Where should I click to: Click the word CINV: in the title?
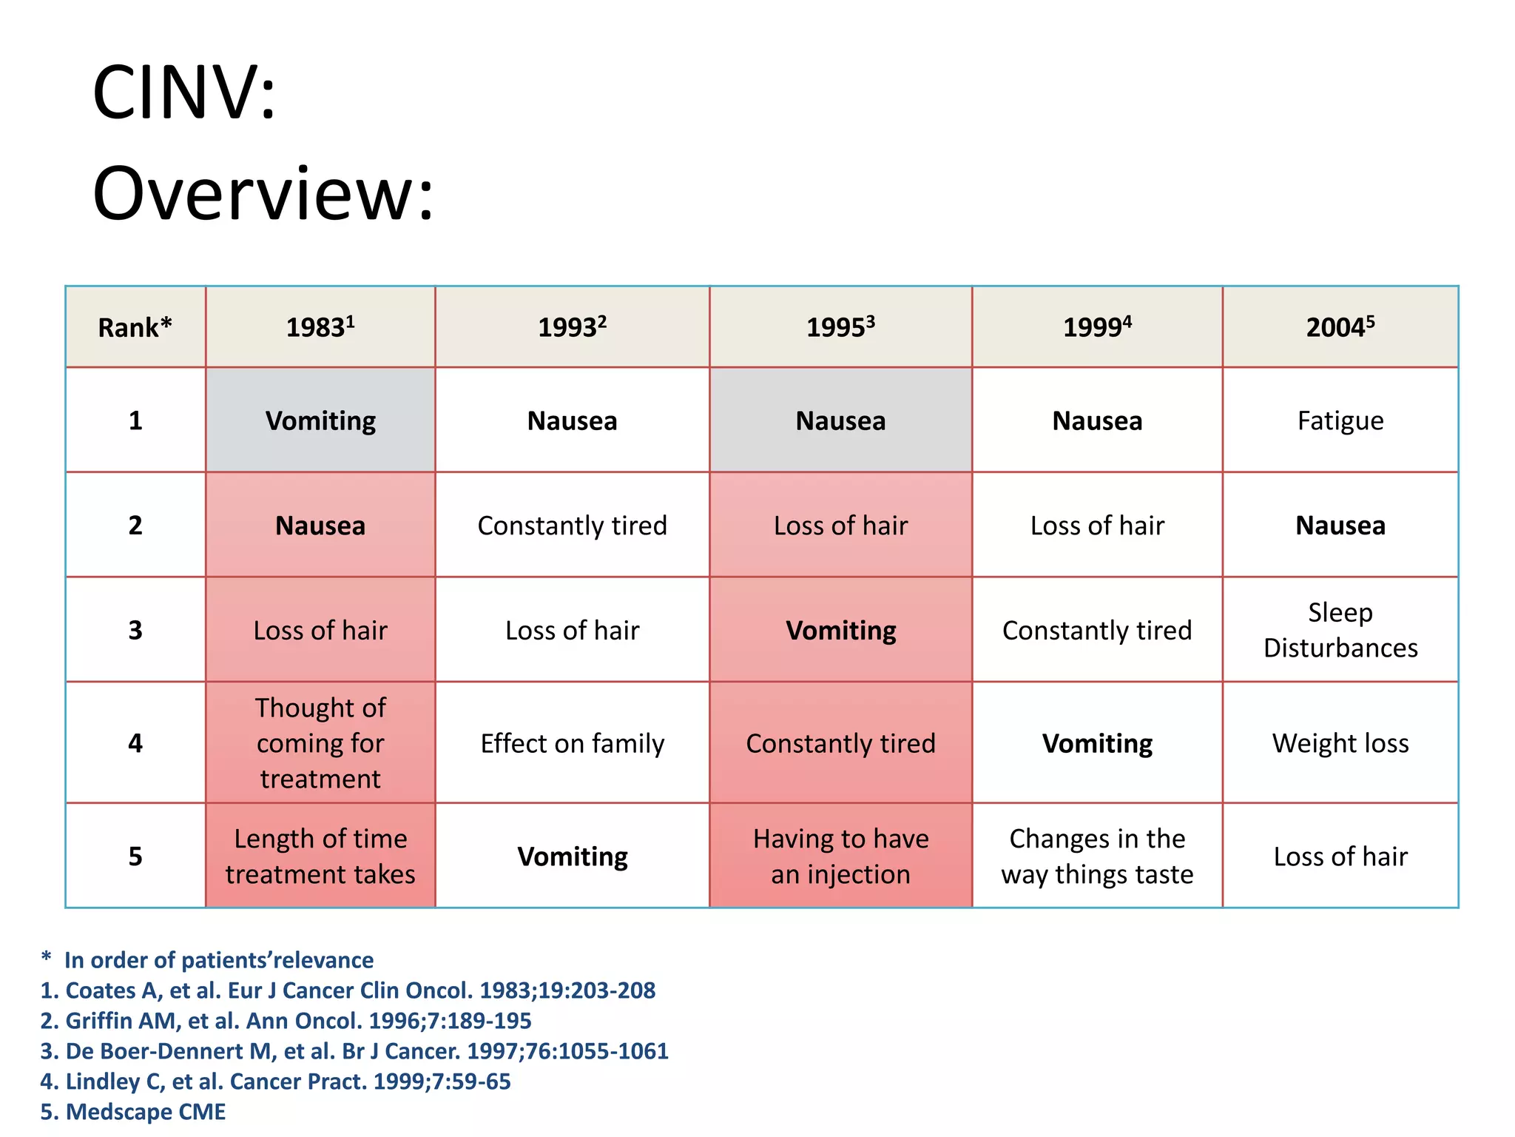(x=184, y=93)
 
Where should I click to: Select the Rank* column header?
(x=135, y=327)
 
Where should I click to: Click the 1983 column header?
(x=320, y=327)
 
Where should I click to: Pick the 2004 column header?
(x=1340, y=327)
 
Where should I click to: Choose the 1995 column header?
(x=840, y=327)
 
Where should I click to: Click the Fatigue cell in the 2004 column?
(x=1340, y=420)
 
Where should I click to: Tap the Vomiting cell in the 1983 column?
(x=320, y=420)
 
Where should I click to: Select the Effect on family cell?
(x=572, y=743)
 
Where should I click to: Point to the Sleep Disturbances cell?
(x=1340, y=630)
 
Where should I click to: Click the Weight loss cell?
(x=1340, y=743)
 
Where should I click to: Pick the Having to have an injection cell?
(x=840, y=856)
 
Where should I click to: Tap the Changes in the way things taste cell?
(x=1097, y=856)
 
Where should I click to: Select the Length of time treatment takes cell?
(x=320, y=856)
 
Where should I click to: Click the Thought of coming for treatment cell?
(x=320, y=743)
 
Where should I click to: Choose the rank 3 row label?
(x=135, y=630)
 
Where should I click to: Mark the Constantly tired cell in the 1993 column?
(x=572, y=526)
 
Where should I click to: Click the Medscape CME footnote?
(x=133, y=1112)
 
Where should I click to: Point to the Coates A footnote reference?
(x=348, y=990)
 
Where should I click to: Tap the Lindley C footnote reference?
(x=275, y=1081)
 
